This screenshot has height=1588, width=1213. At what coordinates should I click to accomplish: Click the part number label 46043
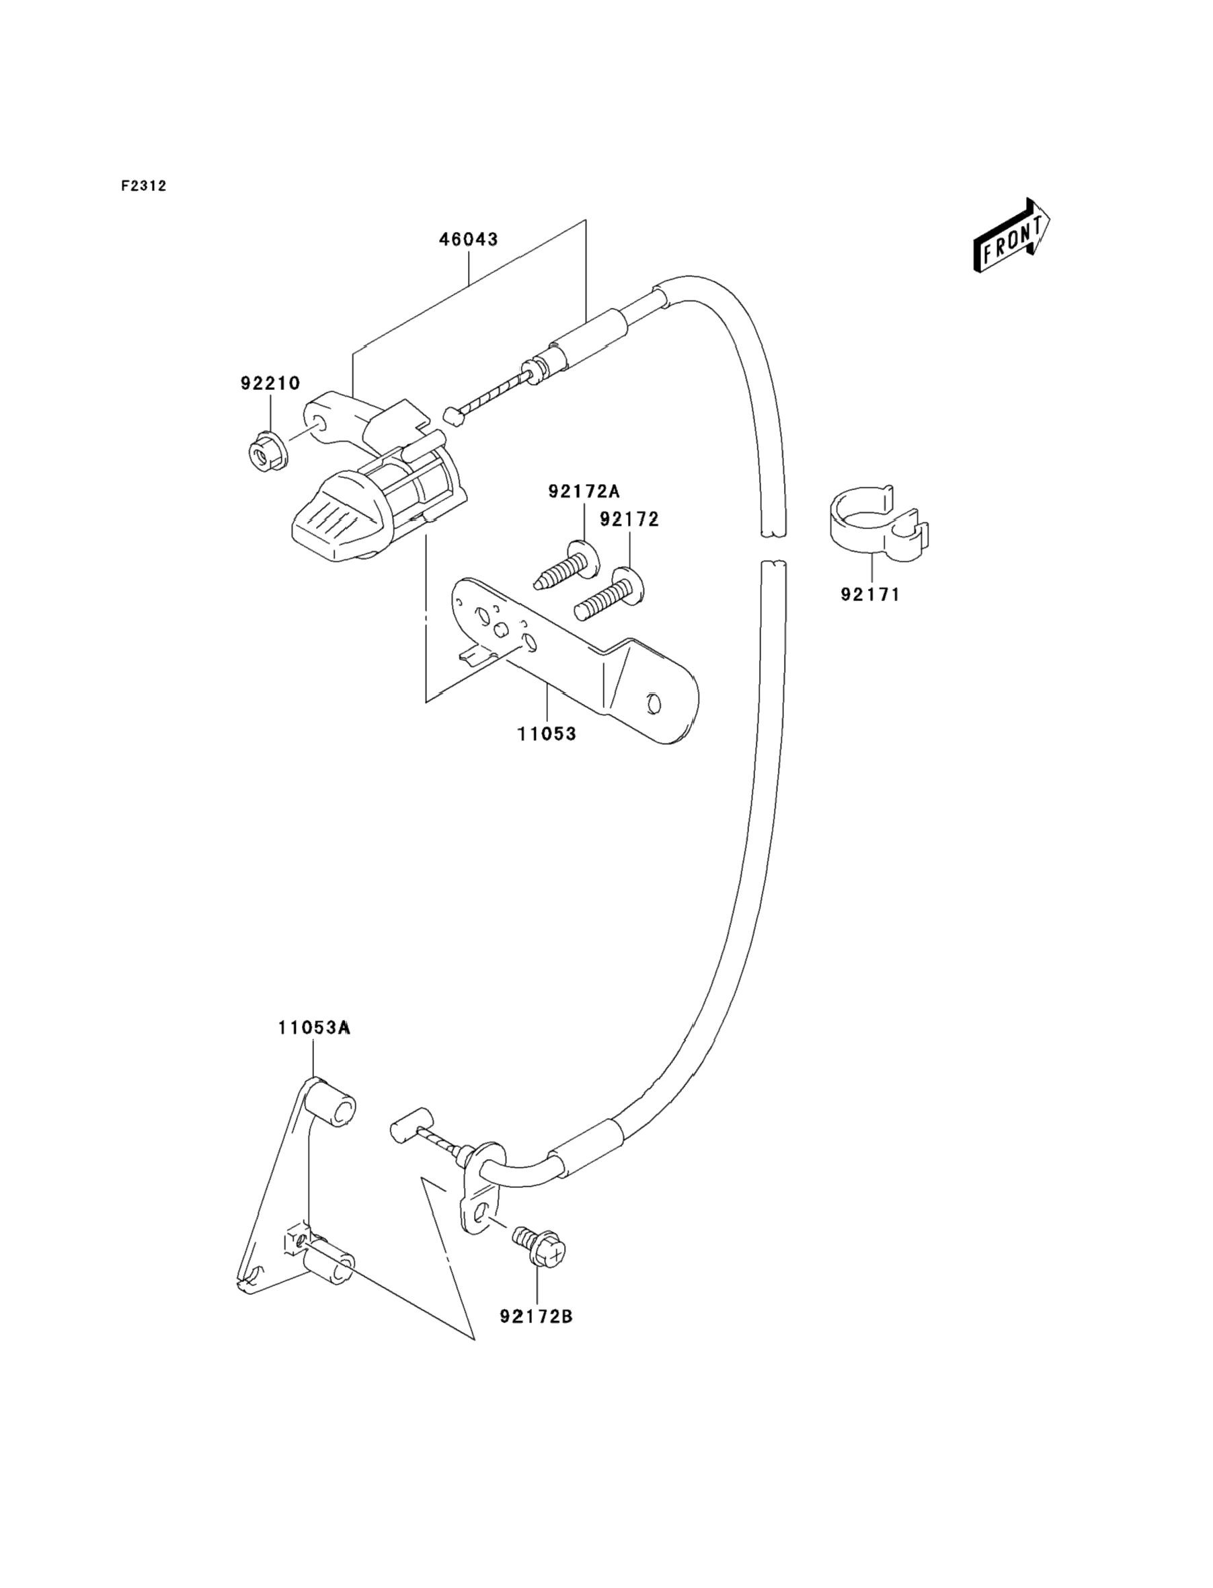pos(469,239)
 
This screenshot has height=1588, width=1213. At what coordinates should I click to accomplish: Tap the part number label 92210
pos(270,383)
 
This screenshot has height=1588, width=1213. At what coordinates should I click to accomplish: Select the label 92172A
pos(584,491)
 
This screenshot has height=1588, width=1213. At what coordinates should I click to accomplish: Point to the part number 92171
pos(871,595)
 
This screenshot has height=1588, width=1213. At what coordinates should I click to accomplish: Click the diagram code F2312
pos(144,186)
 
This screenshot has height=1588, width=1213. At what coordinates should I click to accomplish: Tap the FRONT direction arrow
pos(1011,235)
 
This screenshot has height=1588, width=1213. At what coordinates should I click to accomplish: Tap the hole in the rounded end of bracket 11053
pos(654,703)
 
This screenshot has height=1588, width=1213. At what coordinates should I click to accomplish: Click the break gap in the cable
pos(773,548)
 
